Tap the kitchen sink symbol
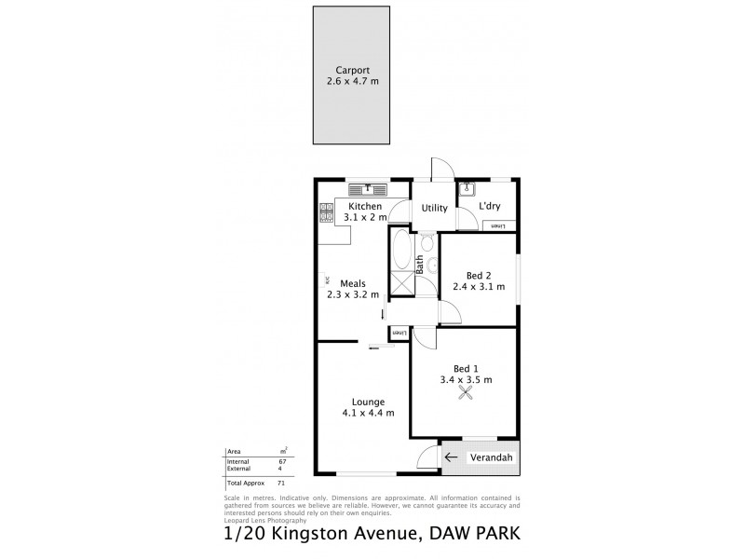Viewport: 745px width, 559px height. point(369,190)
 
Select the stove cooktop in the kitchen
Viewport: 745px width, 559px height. point(326,213)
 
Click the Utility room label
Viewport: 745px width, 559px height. point(434,209)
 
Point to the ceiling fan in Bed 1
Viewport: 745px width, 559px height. point(465,396)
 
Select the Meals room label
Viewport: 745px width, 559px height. point(352,283)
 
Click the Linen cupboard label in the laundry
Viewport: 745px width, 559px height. point(497,225)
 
